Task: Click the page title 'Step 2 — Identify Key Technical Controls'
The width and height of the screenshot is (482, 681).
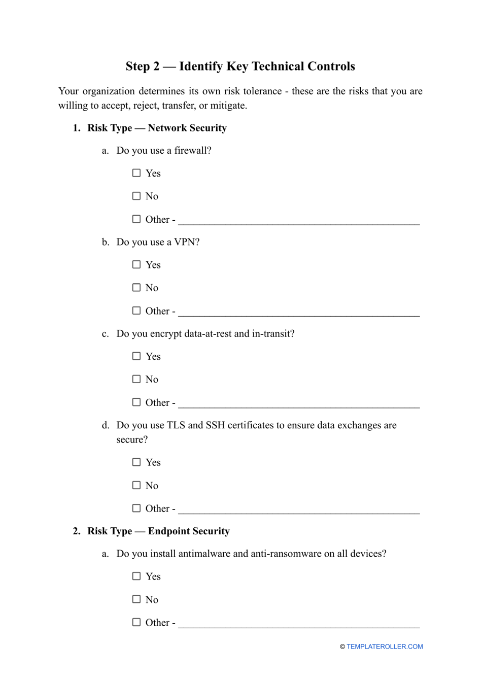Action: (240, 66)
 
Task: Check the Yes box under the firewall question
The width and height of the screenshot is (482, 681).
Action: (136, 173)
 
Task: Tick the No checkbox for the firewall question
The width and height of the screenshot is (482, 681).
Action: (136, 196)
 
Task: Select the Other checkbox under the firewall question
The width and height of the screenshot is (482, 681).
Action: (136, 219)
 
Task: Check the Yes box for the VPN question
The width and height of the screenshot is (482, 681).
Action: (136, 264)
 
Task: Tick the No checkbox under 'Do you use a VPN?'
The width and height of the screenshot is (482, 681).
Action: (136, 288)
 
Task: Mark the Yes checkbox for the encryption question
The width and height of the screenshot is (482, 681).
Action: (136, 356)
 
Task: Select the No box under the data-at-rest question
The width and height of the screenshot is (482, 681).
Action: (136, 379)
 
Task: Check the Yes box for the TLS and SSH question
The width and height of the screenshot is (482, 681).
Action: (136, 462)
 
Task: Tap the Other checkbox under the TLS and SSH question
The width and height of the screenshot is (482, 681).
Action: (136, 508)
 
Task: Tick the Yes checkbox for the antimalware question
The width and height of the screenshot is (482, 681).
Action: (136, 576)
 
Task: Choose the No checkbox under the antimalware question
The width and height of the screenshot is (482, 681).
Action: (136, 599)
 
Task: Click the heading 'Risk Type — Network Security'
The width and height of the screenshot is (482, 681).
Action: (157, 128)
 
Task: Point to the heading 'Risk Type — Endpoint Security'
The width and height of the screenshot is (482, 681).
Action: (158, 531)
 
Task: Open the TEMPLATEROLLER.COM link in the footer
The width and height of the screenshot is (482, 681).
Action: (385, 646)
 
